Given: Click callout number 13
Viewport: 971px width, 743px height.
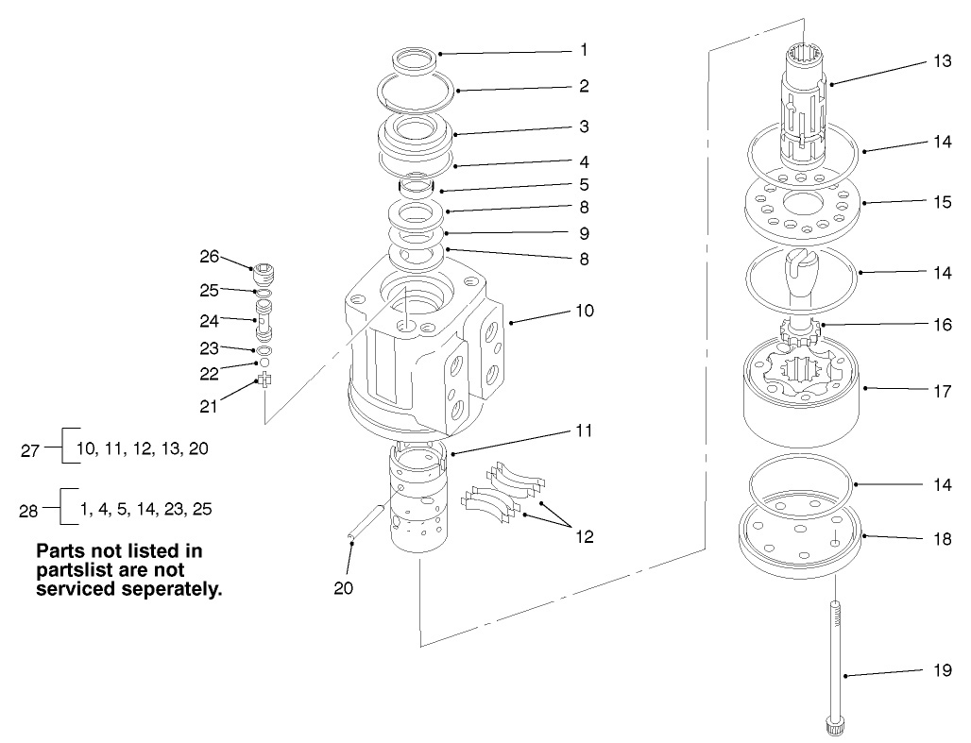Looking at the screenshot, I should [942, 60].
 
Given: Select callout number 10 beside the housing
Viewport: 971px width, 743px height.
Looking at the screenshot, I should [584, 310].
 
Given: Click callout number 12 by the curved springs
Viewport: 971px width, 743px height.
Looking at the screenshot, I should [584, 536].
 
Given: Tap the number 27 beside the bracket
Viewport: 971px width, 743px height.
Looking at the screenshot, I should [30, 451].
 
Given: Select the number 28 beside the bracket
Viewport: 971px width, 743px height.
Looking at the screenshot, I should [30, 511].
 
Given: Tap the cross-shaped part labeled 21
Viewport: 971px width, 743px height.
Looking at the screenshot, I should [265, 380].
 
